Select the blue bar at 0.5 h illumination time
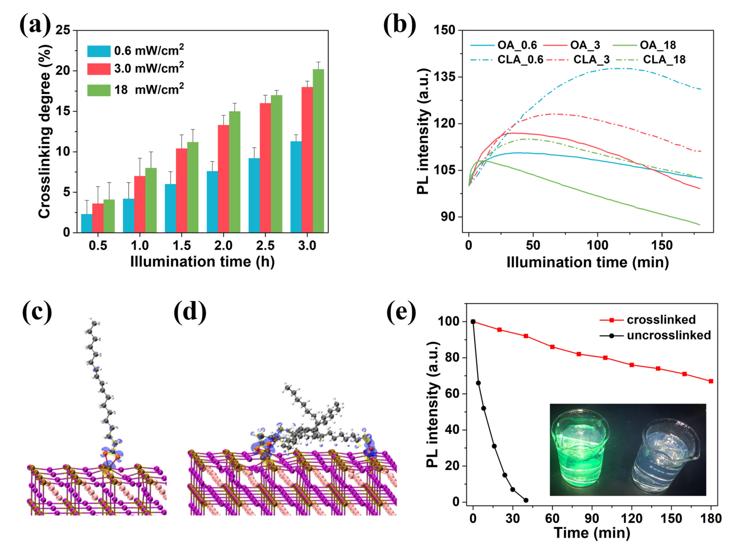click(87, 223)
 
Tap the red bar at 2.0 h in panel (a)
click(223, 179)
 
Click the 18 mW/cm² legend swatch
click(99, 90)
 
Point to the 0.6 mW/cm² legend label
click(149, 51)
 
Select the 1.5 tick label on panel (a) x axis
click(181, 245)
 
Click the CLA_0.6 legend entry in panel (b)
click(520, 60)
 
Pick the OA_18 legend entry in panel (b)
click(657, 45)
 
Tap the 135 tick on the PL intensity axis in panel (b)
click(445, 77)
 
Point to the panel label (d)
click(190, 312)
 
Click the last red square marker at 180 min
click(711, 381)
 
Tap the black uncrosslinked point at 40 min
click(526, 500)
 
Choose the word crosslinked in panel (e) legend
click(661, 320)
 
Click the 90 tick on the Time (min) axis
click(591, 518)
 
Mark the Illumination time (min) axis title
click(588, 262)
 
